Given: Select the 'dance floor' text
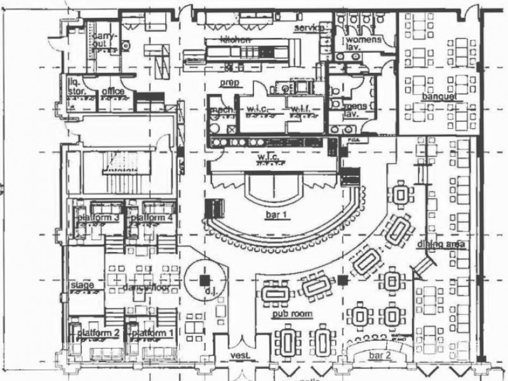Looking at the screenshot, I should (141, 289).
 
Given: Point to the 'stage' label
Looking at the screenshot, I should (83, 285).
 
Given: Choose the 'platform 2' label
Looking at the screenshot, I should (98, 333).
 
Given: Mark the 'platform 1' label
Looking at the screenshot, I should (153, 333).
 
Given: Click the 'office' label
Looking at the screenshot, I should (112, 91).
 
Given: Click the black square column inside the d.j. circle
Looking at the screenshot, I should (204, 279).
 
